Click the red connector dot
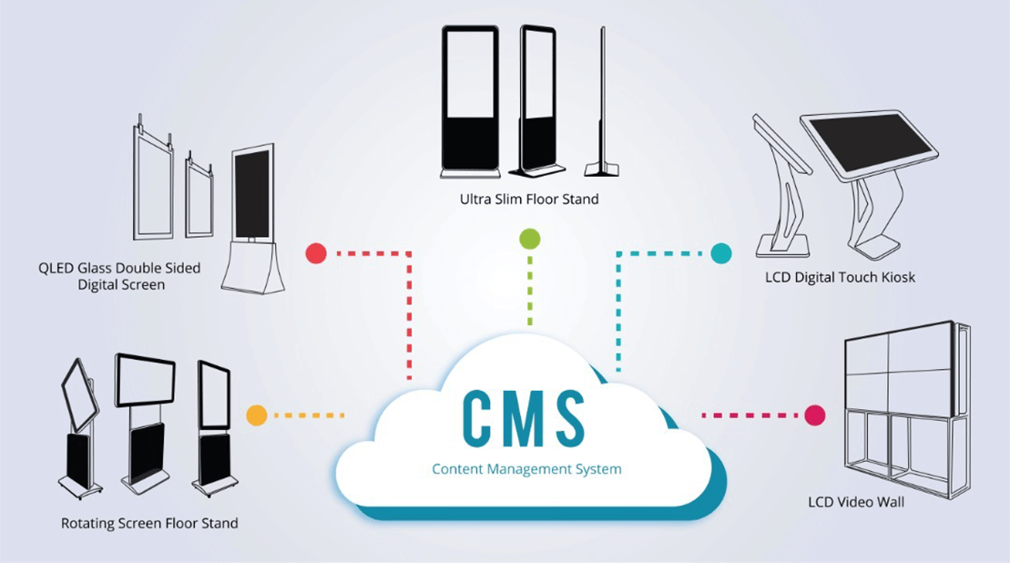click(x=316, y=253)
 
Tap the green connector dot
click(x=529, y=239)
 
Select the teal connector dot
click(x=720, y=253)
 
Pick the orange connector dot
click(x=257, y=415)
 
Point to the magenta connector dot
click(x=814, y=415)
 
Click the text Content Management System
click(x=526, y=469)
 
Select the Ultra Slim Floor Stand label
click(x=529, y=198)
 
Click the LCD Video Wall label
click(x=856, y=502)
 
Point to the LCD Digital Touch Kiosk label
click(x=840, y=277)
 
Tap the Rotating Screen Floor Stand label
click(x=149, y=524)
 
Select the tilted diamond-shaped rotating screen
click(x=79, y=395)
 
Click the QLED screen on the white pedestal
click(x=252, y=195)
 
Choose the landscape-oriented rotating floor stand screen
click(x=145, y=380)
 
